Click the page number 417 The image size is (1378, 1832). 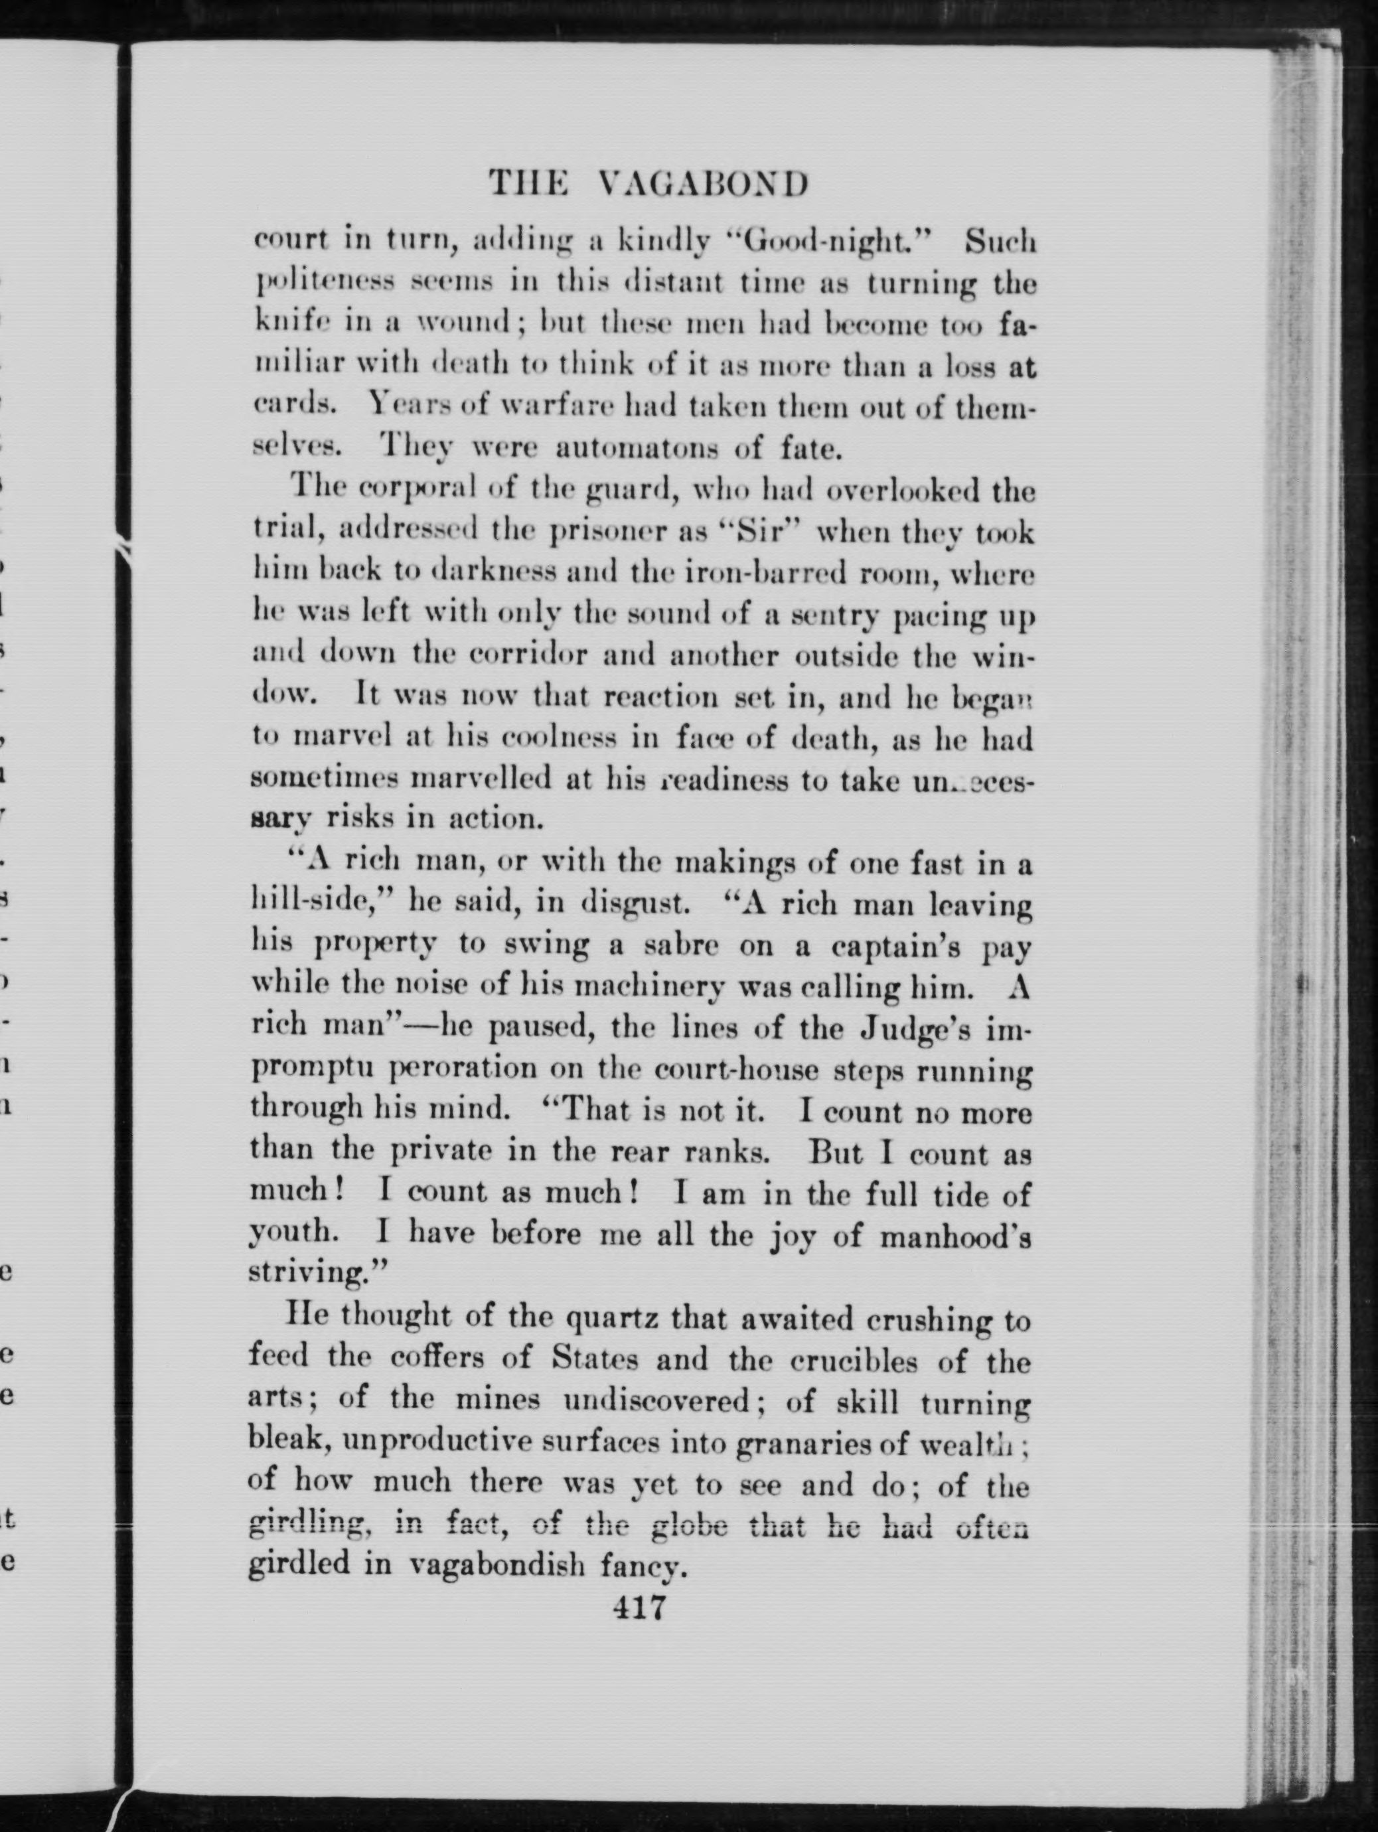click(x=639, y=1608)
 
